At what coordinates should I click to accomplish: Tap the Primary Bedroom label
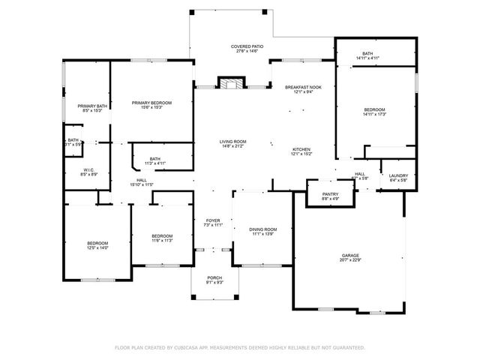151,103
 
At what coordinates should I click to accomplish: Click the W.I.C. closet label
88,169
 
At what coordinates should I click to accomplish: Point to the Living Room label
232,142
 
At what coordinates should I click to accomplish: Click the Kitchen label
300,149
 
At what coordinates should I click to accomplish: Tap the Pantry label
330,194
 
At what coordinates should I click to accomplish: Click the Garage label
351,256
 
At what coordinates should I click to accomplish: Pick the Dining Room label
263,229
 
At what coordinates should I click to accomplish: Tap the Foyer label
214,220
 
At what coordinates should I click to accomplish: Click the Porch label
214,278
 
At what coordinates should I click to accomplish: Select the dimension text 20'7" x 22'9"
351,261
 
